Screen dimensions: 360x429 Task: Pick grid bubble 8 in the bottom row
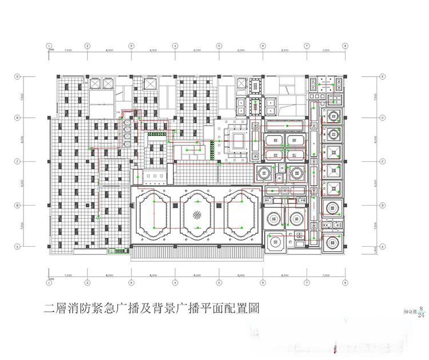click(x=345, y=282)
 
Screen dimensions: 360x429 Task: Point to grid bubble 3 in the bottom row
click(x=131, y=282)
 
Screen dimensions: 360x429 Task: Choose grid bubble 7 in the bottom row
click(x=307, y=282)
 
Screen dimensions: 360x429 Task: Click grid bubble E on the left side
click(x=18, y=75)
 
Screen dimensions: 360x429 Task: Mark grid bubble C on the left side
click(x=18, y=162)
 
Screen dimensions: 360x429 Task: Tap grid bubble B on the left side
click(x=18, y=205)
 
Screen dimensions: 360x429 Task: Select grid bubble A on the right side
click(x=382, y=246)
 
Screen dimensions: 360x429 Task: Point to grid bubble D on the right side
click(x=382, y=118)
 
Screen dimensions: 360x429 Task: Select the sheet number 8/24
click(x=421, y=311)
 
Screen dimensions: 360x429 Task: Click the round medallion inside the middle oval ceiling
click(x=197, y=215)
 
